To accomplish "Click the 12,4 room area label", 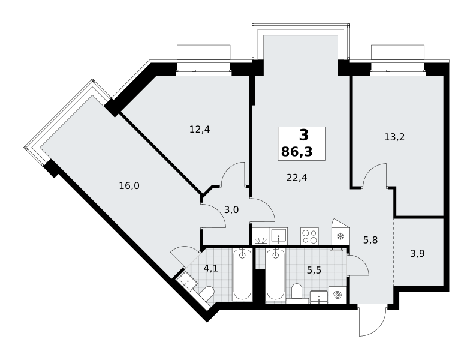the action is [x=200, y=130].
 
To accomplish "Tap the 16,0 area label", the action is [x=129, y=186].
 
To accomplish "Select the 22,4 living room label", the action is [x=297, y=178].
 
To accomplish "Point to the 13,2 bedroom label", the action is [x=394, y=137].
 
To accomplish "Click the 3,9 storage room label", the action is [x=417, y=253].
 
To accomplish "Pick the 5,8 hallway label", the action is [x=370, y=240].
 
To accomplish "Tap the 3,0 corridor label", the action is [x=231, y=209].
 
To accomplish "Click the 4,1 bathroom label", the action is [x=211, y=268].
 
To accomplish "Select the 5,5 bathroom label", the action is [x=314, y=271].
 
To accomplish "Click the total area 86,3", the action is [x=297, y=152].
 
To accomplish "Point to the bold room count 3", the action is [x=304, y=135].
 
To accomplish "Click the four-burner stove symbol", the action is [x=309, y=236].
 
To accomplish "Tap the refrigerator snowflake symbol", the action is [x=341, y=236].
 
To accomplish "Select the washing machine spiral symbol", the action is [x=338, y=295].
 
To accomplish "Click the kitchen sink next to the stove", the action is [x=279, y=236].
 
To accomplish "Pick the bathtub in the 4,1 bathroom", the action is [x=242, y=275].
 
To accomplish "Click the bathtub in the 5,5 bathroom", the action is [x=275, y=274].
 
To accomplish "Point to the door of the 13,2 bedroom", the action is [x=375, y=176].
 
